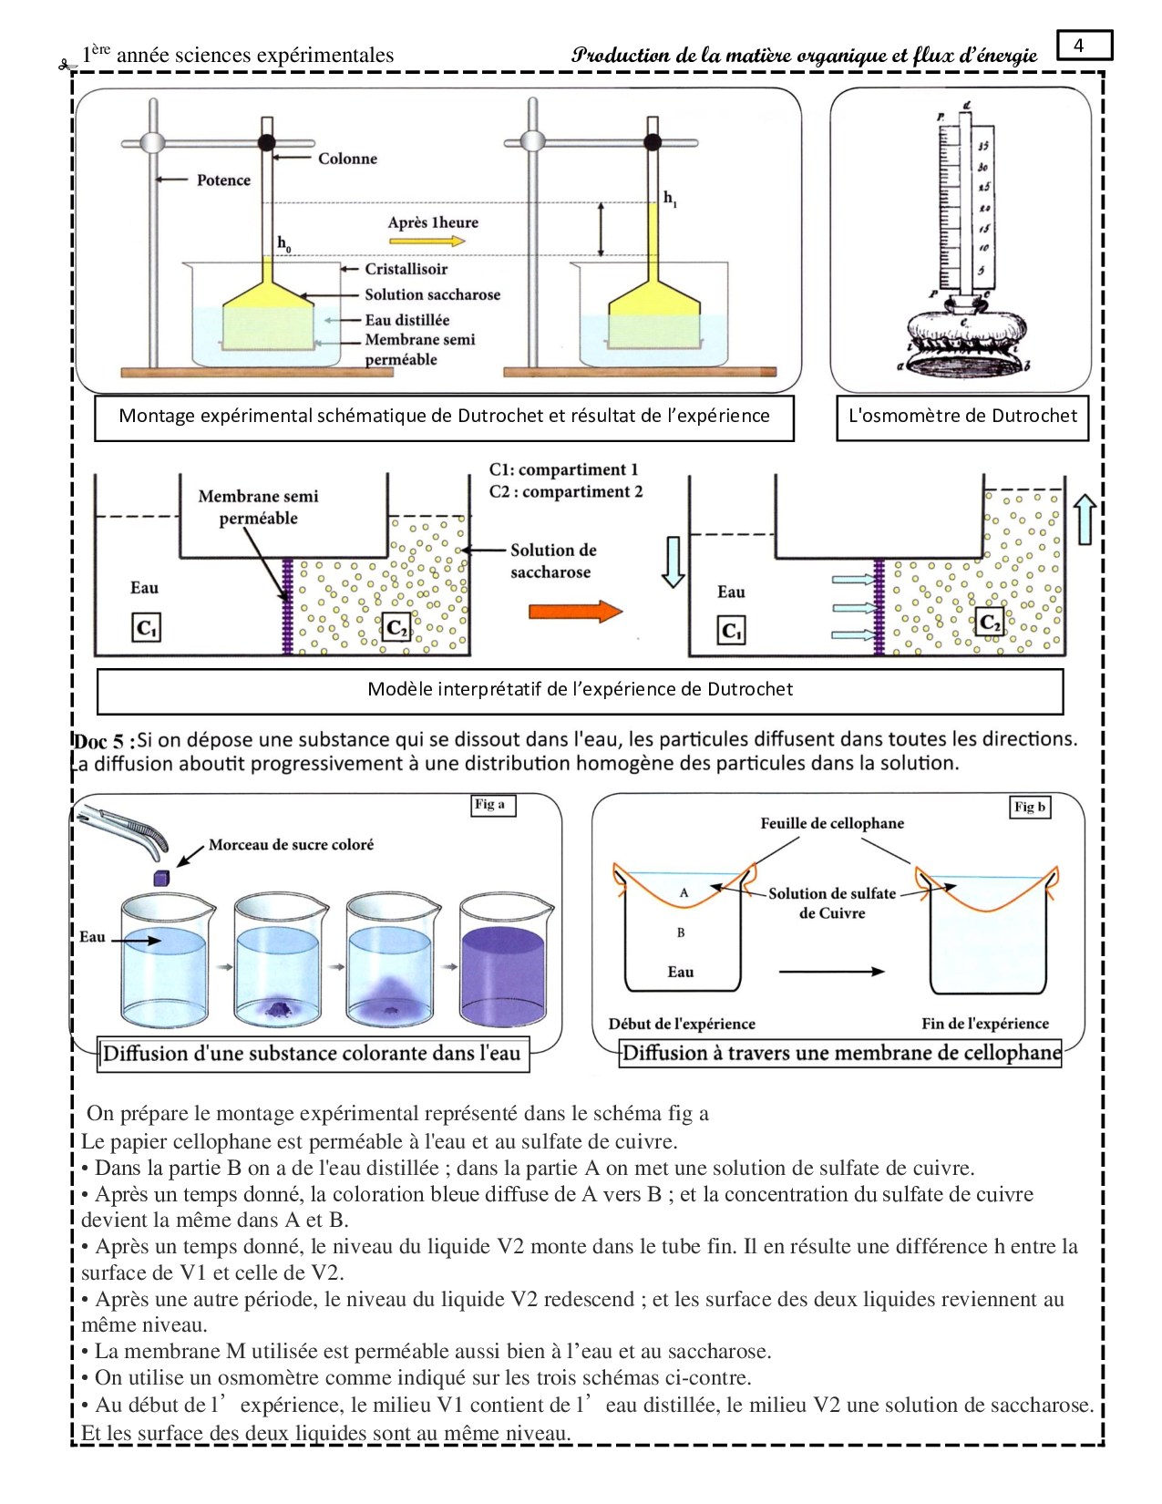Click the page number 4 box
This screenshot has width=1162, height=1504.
[1084, 45]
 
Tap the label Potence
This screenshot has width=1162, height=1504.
[223, 180]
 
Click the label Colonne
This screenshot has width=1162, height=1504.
[347, 159]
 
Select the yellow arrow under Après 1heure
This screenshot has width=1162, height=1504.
[427, 242]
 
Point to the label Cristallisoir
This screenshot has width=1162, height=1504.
[406, 269]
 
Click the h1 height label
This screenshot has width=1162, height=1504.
[670, 199]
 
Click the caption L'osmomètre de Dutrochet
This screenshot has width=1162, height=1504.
[962, 417]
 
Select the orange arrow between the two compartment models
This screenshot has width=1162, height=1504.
[575, 611]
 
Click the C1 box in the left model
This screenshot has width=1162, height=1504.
[146, 628]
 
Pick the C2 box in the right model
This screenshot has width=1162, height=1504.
[990, 623]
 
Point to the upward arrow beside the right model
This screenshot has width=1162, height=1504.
[1084, 519]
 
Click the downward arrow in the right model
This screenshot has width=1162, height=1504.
[673, 561]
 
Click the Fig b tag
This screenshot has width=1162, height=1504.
[1030, 807]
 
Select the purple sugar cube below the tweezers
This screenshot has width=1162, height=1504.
[161, 878]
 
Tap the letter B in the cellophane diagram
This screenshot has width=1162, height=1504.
[681, 932]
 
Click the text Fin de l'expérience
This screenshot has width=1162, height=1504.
[984, 1024]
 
